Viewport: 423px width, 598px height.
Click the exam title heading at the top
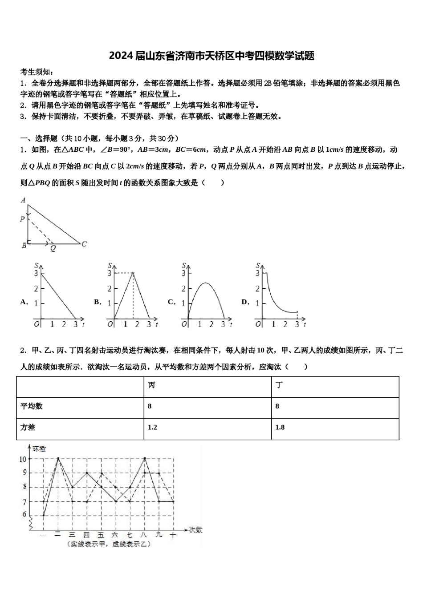pyautogui.click(x=211, y=56)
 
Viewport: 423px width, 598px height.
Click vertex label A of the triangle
pyautogui.click(x=23, y=200)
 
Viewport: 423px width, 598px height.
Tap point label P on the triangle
pyautogui.click(x=22, y=219)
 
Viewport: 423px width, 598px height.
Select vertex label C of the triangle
pyautogui.click(x=84, y=244)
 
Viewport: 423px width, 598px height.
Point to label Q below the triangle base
pyautogui.click(x=53, y=249)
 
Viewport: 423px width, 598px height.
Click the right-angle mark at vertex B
pyautogui.click(x=29, y=242)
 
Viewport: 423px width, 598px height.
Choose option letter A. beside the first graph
pyautogui.click(x=24, y=302)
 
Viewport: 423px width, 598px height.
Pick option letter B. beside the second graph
pyautogui.click(x=98, y=302)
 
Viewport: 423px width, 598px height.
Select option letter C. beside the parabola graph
pyautogui.click(x=172, y=302)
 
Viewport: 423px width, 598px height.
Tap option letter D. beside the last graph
pyautogui.click(x=245, y=302)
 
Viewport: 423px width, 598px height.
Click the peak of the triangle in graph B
pyautogui.click(x=133, y=273)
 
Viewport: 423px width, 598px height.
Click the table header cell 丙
pyautogui.click(x=151, y=385)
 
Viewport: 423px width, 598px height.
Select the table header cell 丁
pyautogui.click(x=279, y=385)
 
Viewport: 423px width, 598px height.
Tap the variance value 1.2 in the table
pyautogui.click(x=152, y=427)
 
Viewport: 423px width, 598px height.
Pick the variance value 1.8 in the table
pyautogui.click(x=280, y=427)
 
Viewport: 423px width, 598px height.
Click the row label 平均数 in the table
pyautogui.click(x=32, y=406)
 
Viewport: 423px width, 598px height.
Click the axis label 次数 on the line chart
pyautogui.click(x=195, y=529)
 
